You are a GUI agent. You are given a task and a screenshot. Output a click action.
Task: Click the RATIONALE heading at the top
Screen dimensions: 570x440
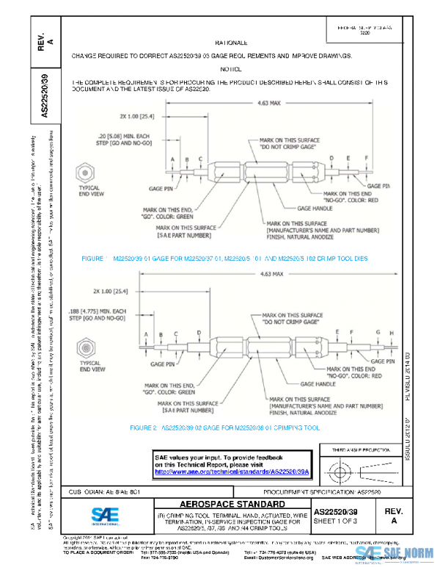tap(231, 43)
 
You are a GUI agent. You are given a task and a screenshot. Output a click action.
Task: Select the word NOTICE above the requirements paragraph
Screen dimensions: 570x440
tap(231, 68)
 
